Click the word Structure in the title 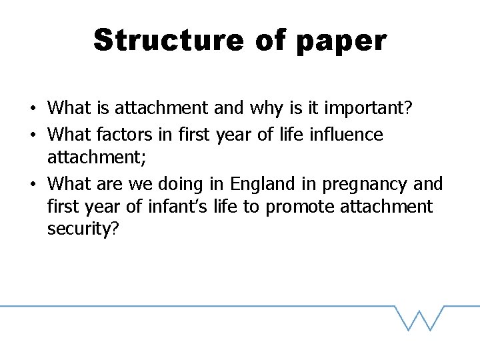point(169,40)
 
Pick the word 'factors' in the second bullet point(127,135)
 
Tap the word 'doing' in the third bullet point(189,183)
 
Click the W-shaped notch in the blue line point(419,319)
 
